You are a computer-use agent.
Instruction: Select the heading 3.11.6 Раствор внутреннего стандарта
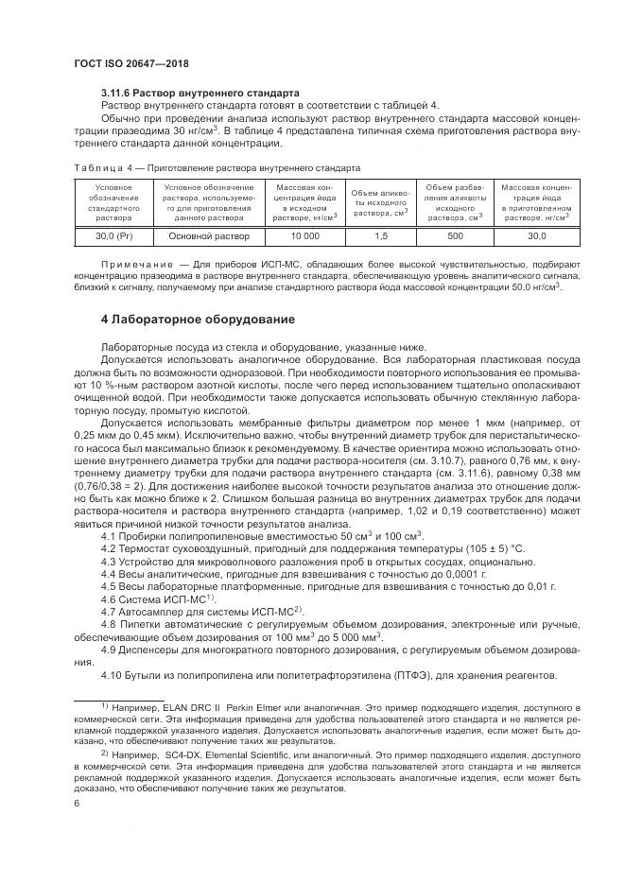tap(200, 93)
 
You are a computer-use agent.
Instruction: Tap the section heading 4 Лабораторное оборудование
tap(199, 319)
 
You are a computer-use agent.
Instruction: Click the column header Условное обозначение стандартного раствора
tap(113, 203)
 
